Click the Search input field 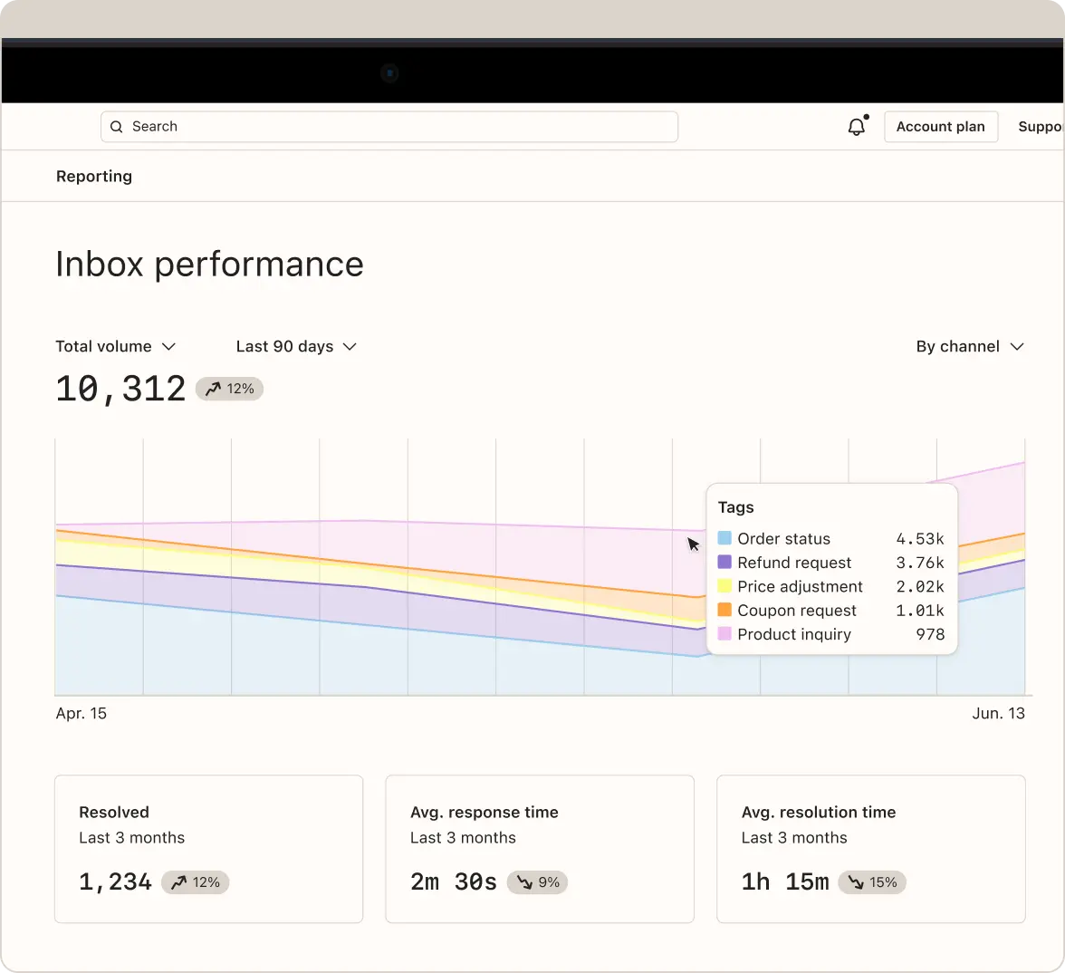[x=389, y=127]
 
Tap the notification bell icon [x=857, y=127]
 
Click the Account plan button [x=940, y=127]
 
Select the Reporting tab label [x=94, y=177]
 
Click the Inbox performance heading [x=209, y=265]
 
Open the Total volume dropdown [x=115, y=346]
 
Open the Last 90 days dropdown [x=296, y=346]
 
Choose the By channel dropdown [x=969, y=346]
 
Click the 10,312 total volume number [x=120, y=389]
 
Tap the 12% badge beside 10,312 [x=230, y=389]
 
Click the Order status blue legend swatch [x=724, y=538]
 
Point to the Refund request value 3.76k [x=920, y=563]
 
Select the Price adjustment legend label [x=800, y=587]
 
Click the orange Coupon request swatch [x=724, y=610]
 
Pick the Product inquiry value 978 [x=930, y=634]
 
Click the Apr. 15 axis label [x=82, y=714]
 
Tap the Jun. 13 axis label [x=998, y=714]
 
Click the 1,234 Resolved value [x=115, y=881]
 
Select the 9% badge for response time [x=538, y=882]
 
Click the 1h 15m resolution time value [x=785, y=881]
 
